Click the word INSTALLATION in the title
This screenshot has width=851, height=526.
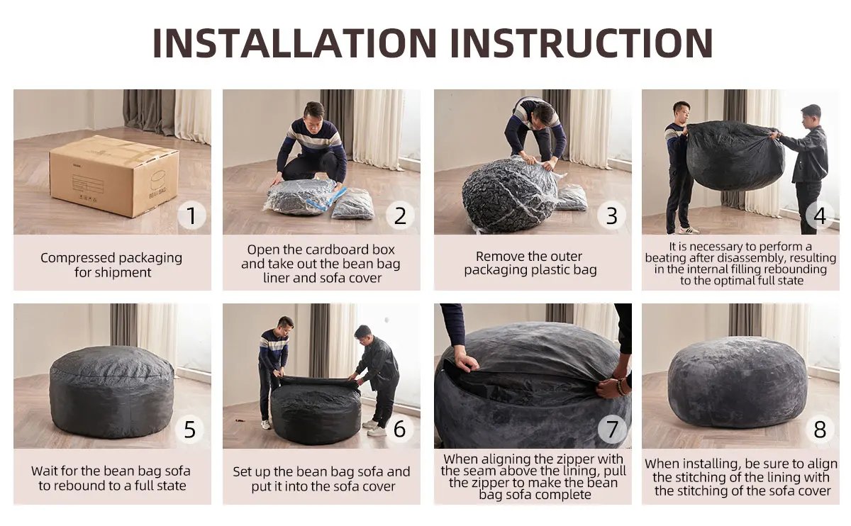pyautogui.click(x=295, y=43)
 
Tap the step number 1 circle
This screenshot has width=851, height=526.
pyautogui.click(x=191, y=216)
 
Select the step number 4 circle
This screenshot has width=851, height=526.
pyautogui.click(x=820, y=216)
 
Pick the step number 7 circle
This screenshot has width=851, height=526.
pyautogui.click(x=612, y=430)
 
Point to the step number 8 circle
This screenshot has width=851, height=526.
pyautogui.click(x=820, y=430)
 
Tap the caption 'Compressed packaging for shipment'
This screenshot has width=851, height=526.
pyautogui.click(x=111, y=264)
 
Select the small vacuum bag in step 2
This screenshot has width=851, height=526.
pyautogui.click(x=352, y=204)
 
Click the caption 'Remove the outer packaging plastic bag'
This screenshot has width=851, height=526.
pyautogui.click(x=530, y=263)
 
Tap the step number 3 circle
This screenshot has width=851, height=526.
pyautogui.click(x=612, y=216)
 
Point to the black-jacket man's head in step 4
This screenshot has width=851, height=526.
pyautogui.click(x=811, y=113)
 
